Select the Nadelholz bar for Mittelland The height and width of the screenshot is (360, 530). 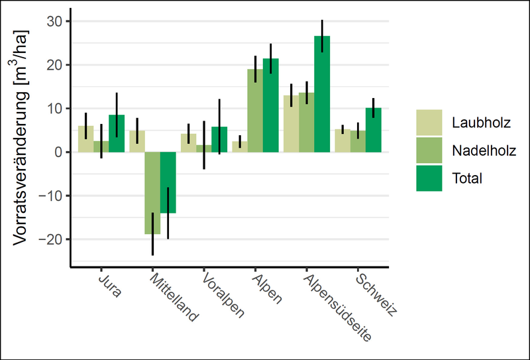coord(153,192)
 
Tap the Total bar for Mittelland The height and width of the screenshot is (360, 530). coord(168,182)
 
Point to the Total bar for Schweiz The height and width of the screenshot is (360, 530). coord(374,130)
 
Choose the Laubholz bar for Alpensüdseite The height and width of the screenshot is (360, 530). coord(291,124)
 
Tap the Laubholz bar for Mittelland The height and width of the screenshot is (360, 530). coord(137,141)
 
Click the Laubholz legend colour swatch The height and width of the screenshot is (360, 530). coord(429,122)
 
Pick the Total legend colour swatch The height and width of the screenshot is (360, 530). coord(429,178)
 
